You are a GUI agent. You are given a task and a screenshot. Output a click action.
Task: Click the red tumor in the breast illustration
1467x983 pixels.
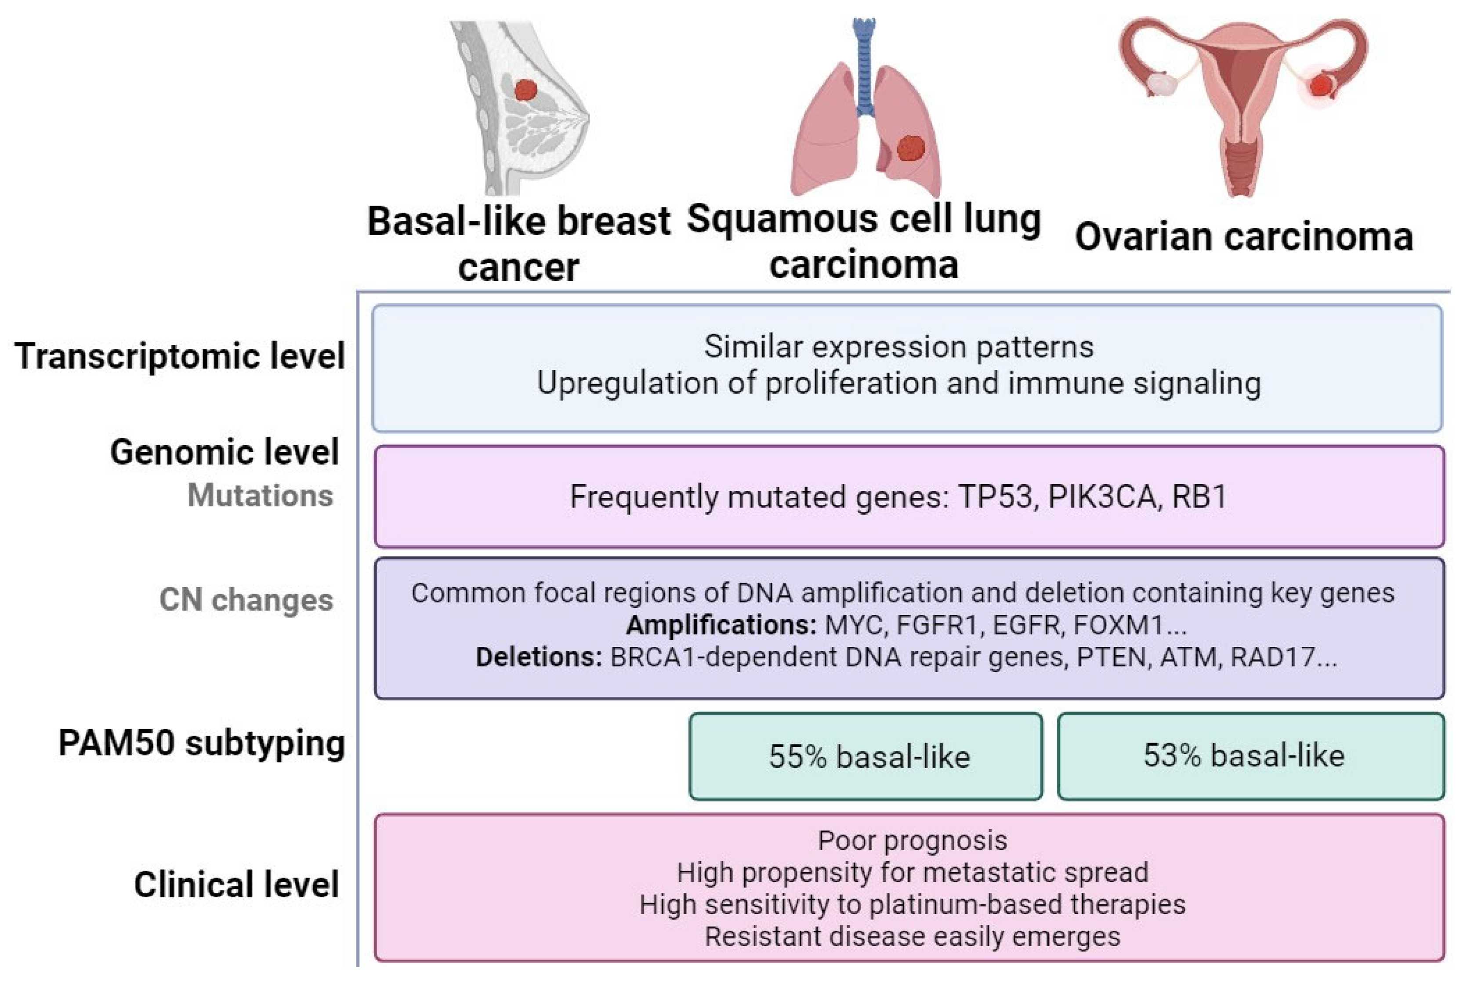[526, 90]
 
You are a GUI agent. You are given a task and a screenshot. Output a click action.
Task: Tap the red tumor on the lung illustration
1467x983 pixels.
[910, 149]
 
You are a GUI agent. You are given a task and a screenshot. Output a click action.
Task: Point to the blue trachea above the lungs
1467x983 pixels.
[866, 69]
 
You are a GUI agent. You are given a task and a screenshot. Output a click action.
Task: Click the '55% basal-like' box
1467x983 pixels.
[866, 756]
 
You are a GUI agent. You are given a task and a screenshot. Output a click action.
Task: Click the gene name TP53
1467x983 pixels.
[995, 497]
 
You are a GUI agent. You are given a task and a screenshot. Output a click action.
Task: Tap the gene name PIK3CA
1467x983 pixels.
[1101, 497]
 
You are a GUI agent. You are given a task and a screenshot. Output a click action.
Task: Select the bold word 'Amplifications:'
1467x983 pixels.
[721, 625]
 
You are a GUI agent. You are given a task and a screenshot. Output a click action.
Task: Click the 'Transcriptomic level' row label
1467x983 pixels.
[179, 356]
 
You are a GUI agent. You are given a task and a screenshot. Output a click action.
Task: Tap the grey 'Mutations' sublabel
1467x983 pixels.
[260, 495]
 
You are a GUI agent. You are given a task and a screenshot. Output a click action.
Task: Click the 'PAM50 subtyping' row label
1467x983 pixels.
[201, 744]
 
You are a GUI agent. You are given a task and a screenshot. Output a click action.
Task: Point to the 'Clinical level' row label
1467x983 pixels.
[236, 885]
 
